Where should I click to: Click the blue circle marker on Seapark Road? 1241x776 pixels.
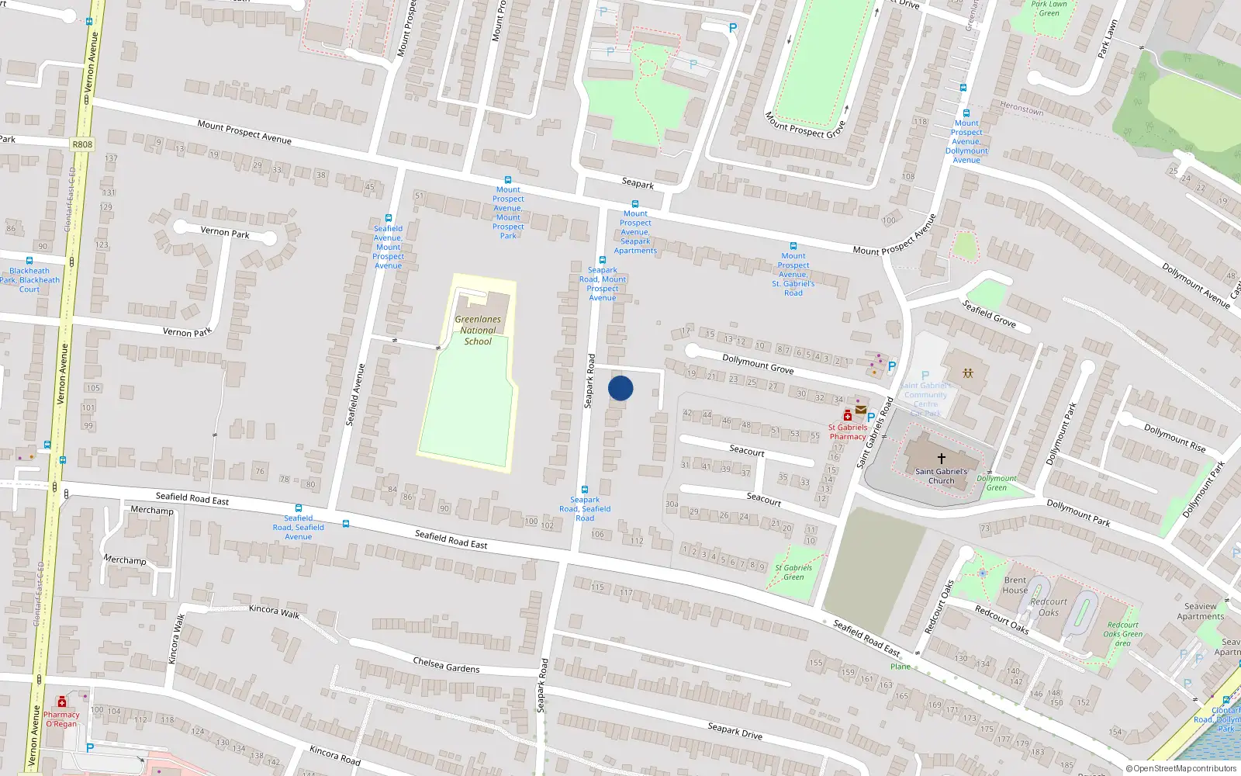(x=620, y=388)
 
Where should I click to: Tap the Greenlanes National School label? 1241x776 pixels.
(x=478, y=331)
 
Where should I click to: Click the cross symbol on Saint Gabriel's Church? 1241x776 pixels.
(x=942, y=459)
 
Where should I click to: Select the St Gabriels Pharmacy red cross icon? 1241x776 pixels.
(x=848, y=416)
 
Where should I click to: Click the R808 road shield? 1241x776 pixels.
(x=82, y=144)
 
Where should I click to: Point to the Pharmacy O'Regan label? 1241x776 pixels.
(x=61, y=719)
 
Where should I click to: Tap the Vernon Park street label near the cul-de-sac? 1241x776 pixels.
(x=225, y=232)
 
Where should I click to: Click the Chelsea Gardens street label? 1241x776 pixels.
(x=446, y=665)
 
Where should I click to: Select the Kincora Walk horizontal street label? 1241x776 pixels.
(x=274, y=611)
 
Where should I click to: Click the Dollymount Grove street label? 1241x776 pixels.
(x=758, y=364)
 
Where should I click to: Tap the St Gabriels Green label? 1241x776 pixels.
(x=793, y=572)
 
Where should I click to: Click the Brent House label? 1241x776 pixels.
(x=1015, y=585)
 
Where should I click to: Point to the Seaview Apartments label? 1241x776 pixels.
(x=1200, y=611)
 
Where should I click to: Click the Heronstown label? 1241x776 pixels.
(x=1021, y=109)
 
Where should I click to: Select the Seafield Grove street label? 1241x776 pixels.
(x=989, y=314)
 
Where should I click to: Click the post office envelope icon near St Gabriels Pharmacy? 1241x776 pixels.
(x=861, y=410)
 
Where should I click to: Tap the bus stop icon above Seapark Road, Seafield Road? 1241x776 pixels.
(x=585, y=490)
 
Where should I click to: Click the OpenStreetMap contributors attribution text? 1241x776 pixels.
(x=1181, y=769)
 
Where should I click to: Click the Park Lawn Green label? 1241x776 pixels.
(x=1049, y=9)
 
